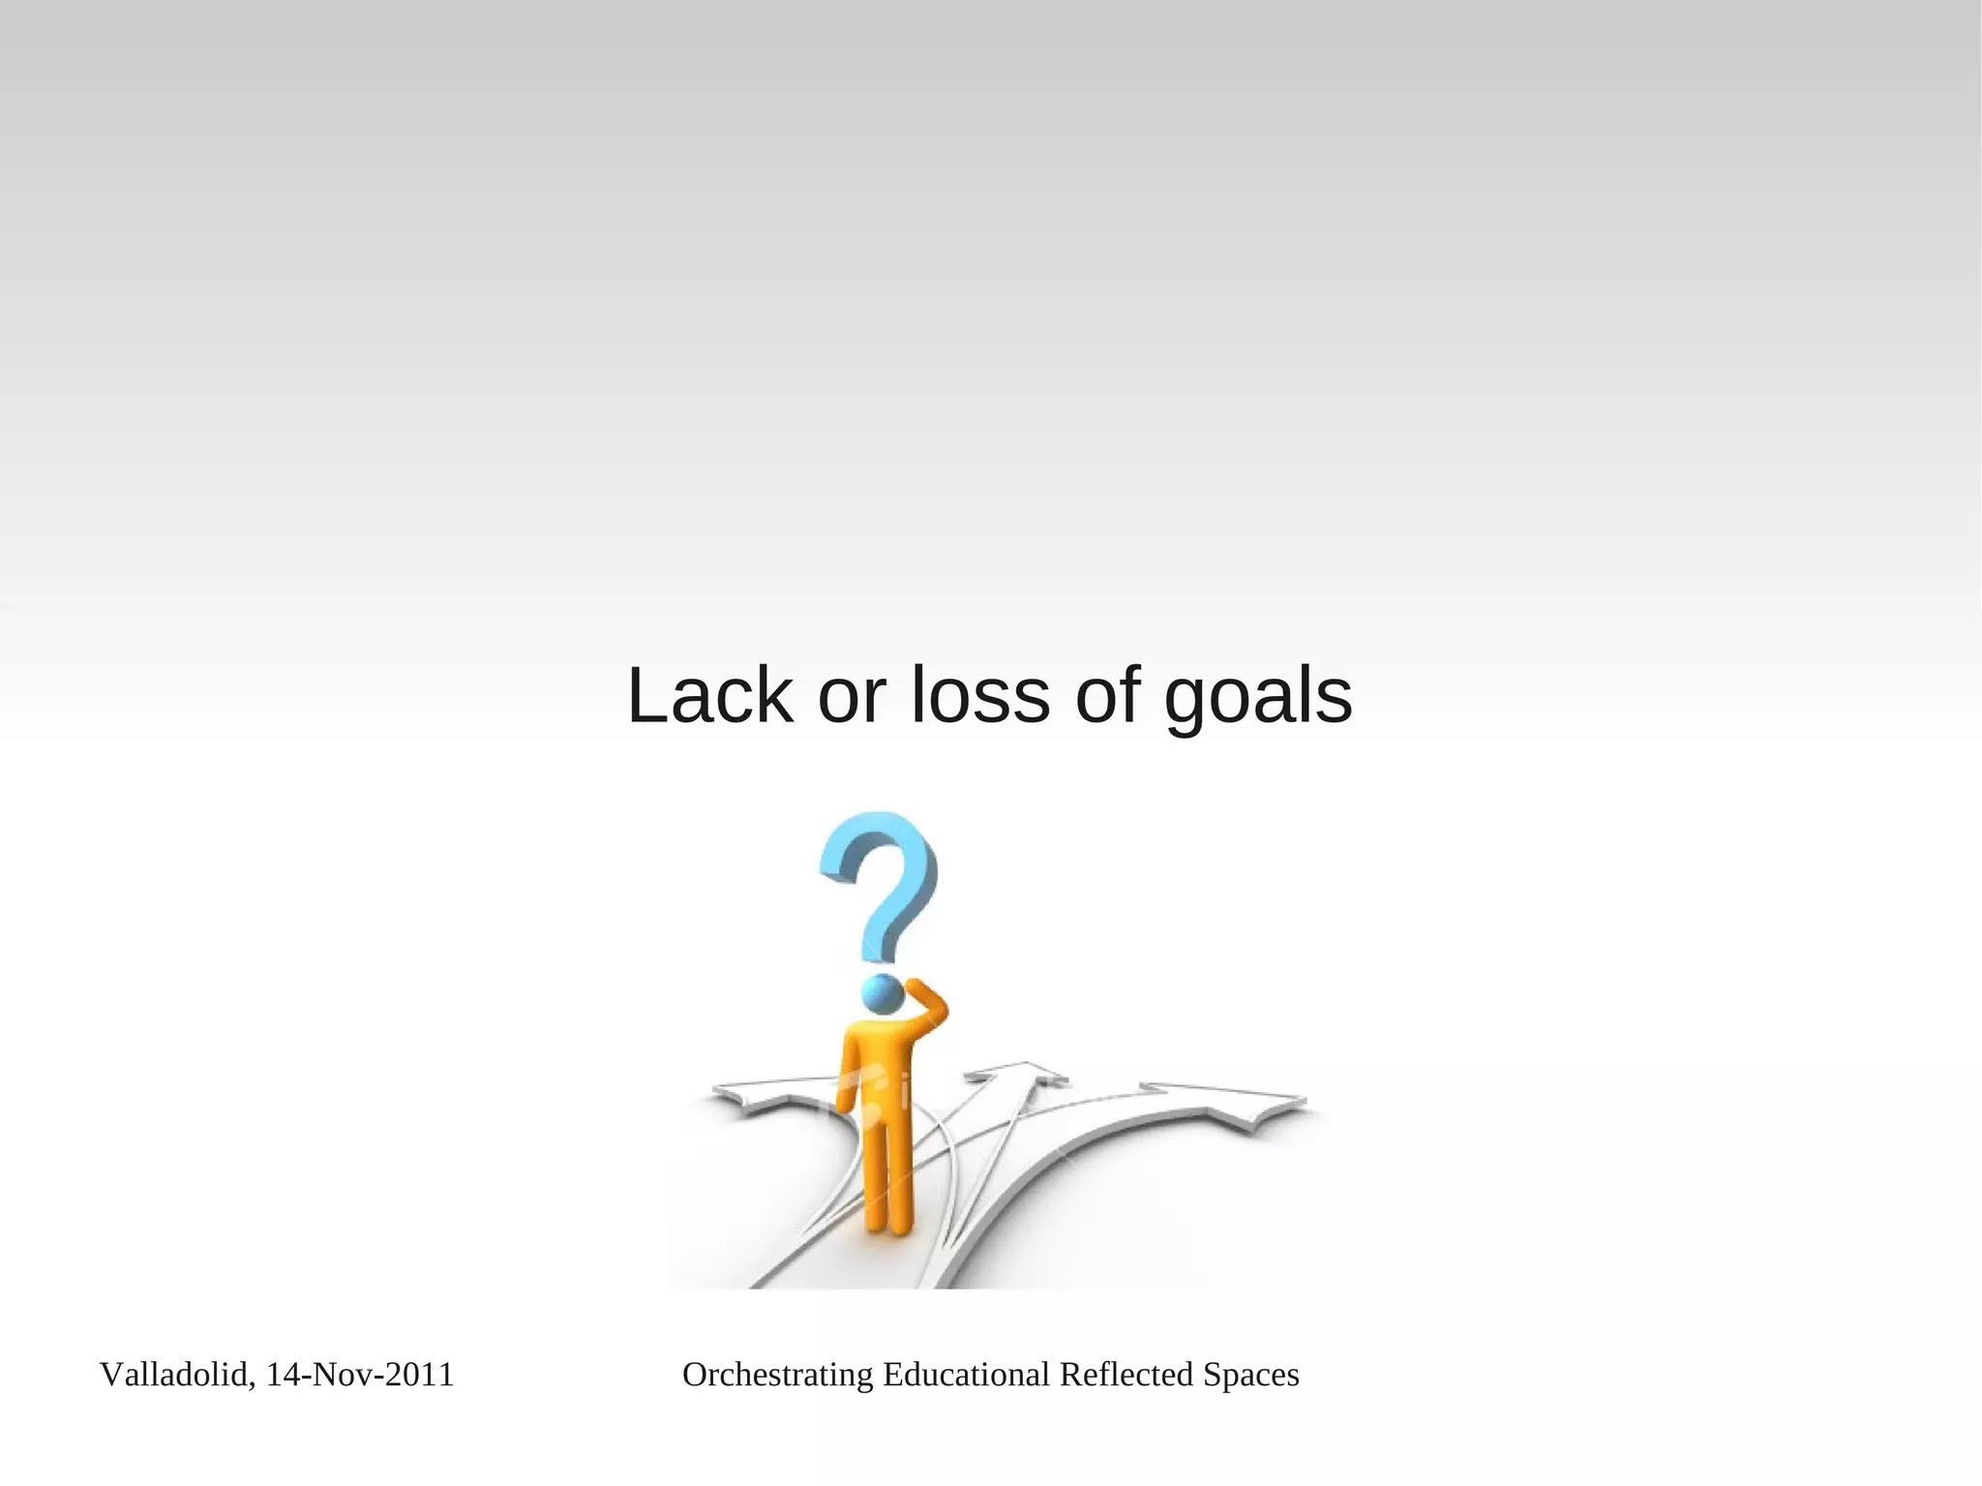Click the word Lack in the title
[x=709, y=696]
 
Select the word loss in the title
[x=979, y=696]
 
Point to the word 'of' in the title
[x=1106, y=696]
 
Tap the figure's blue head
[x=883, y=994]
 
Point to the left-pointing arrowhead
[x=750, y=1097]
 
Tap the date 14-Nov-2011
[x=360, y=1375]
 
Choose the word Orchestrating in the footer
[x=777, y=1375]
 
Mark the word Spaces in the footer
[x=1250, y=1375]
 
